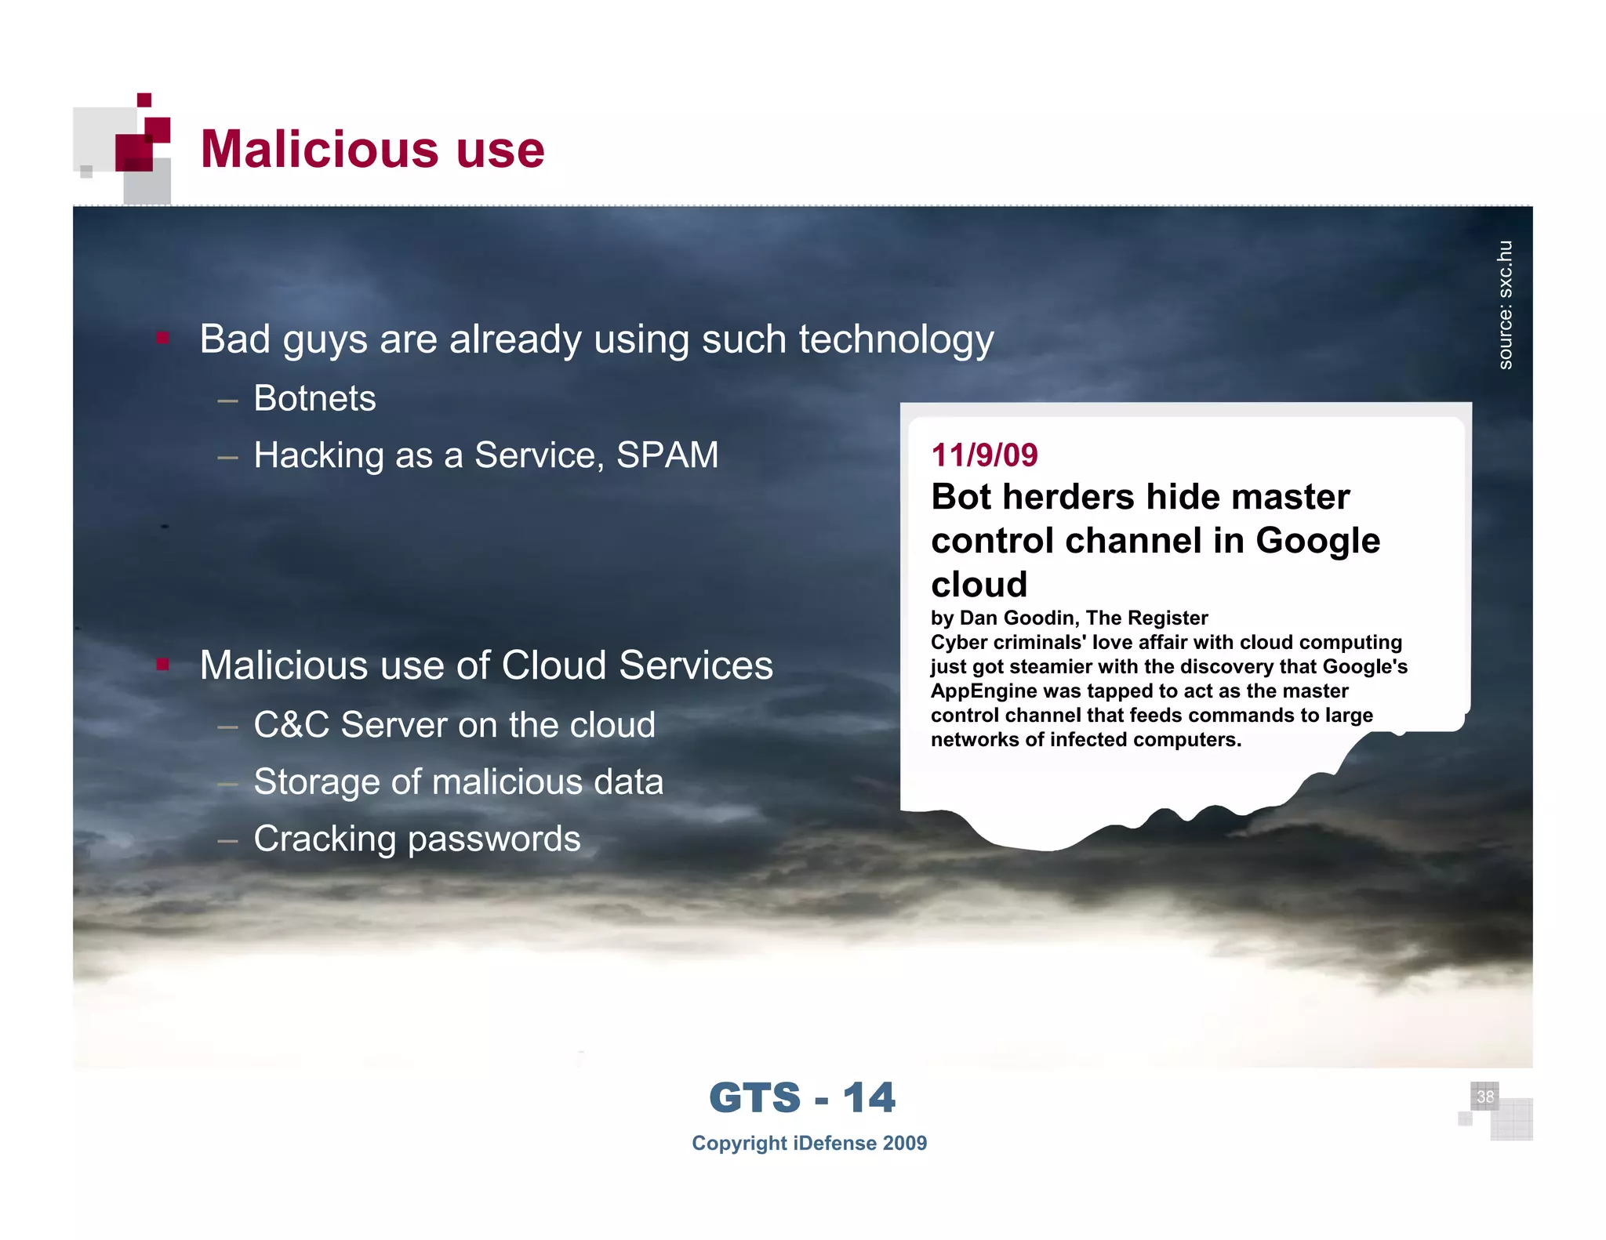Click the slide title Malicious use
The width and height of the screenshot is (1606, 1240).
(x=372, y=149)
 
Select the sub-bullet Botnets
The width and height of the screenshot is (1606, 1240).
(x=314, y=398)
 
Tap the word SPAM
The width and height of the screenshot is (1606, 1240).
(x=667, y=455)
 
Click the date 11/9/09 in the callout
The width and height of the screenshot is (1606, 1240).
(x=984, y=455)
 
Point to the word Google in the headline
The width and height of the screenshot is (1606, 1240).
(x=1317, y=541)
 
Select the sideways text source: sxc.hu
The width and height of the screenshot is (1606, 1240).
(x=1505, y=305)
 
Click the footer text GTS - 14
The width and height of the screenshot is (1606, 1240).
(x=801, y=1097)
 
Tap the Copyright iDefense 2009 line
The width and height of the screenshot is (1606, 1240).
(x=808, y=1144)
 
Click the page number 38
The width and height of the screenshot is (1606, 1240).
(x=1484, y=1097)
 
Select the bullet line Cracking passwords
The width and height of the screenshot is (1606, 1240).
(x=416, y=839)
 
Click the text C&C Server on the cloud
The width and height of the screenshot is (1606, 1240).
(x=454, y=725)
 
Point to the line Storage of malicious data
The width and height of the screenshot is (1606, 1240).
(x=458, y=782)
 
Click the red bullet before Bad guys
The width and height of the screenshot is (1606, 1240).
(x=163, y=339)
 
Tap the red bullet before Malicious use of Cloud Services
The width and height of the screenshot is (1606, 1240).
(x=163, y=665)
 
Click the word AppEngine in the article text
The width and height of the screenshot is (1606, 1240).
(x=983, y=691)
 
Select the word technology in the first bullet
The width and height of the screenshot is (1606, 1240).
(x=896, y=340)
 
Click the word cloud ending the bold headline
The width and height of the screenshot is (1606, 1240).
(x=979, y=585)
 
